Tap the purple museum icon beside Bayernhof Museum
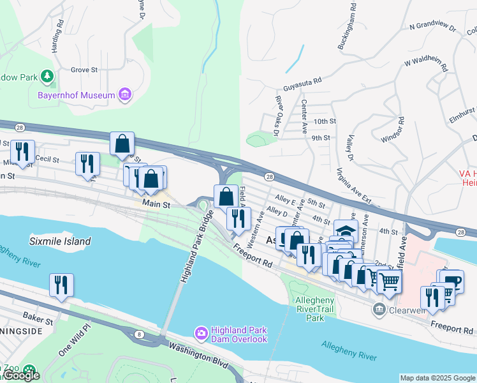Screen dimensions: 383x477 point(125,95)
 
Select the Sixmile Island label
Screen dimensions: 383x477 point(61,241)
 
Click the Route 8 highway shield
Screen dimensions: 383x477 point(139,334)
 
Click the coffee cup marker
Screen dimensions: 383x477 point(451,281)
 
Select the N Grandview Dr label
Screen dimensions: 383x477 point(433,27)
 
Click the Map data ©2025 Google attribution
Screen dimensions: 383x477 point(437,378)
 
